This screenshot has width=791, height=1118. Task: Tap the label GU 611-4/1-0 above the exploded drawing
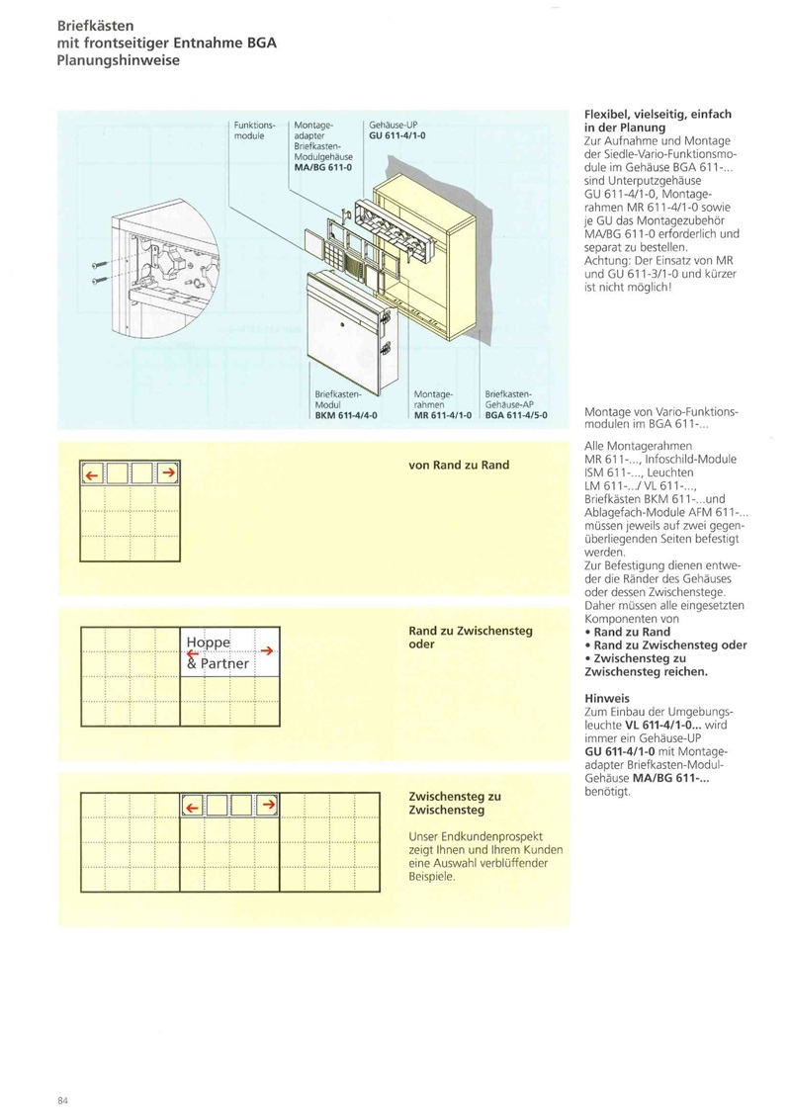pos(396,134)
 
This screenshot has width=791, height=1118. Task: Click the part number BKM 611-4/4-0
pos(345,415)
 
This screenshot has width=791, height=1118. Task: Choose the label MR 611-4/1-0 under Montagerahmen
pos(442,415)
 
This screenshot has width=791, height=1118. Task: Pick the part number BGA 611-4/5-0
pos(516,415)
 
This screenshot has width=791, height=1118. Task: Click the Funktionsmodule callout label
pos(254,129)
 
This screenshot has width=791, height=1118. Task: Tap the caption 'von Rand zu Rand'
pos(459,465)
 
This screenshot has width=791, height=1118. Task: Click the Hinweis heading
pos(608,697)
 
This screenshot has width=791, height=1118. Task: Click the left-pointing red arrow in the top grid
pos(92,475)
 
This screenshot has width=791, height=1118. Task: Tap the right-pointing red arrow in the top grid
pos(168,474)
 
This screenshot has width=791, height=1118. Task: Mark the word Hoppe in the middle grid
pos(208,645)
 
